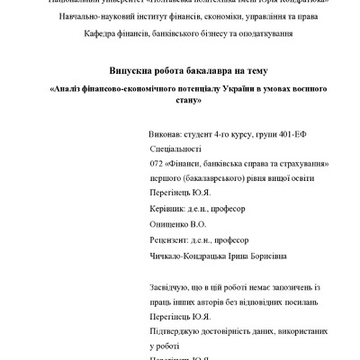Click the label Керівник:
click(166, 209)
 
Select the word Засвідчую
click(166, 288)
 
